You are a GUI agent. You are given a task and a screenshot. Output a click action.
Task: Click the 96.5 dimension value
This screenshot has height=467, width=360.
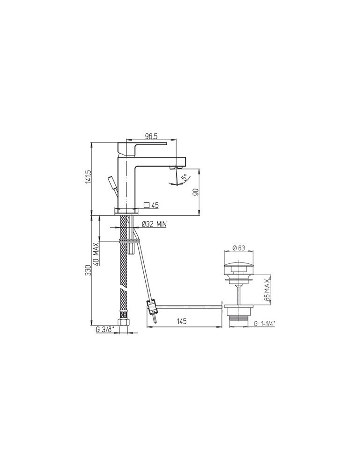click(150, 136)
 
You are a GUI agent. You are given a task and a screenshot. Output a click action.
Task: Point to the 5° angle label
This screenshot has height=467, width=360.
click(184, 177)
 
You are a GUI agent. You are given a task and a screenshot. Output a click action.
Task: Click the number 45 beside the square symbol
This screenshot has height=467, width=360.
click(155, 205)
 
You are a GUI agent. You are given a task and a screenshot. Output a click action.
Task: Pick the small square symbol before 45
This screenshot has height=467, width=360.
click(147, 205)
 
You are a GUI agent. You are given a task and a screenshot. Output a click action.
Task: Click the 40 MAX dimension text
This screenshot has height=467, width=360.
click(96, 253)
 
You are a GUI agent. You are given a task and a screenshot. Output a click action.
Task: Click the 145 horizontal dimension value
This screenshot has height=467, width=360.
click(182, 321)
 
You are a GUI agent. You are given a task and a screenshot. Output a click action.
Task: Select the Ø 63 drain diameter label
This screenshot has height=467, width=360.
click(239, 248)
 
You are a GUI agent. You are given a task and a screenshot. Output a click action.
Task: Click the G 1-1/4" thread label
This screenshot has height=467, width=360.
click(266, 323)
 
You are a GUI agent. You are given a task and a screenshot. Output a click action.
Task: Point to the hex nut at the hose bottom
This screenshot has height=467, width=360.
click(124, 324)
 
